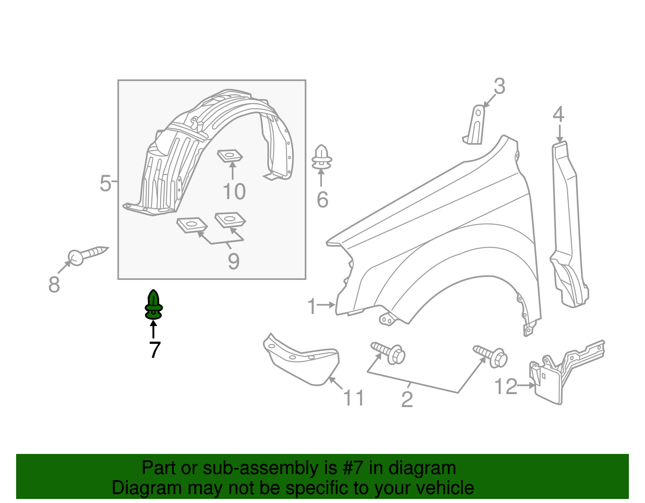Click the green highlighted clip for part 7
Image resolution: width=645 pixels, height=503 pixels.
pyautogui.click(x=154, y=305)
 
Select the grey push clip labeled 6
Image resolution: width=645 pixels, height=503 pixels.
pyautogui.click(x=321, y=157)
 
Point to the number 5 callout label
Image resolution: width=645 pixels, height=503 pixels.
pyautogui.click(x=105, y=183)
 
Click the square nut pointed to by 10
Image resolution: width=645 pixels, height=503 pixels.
pyautogui.click(x=230, y=155)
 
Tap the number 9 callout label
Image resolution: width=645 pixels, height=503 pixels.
pyautogui.click(x=233, y=261)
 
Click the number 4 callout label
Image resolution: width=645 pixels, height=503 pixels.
pyautogui.click(x=558, y=114)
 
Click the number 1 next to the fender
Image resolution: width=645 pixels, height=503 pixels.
pyautogui.click(x=312, y=306)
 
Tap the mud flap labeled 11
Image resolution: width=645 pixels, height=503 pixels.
pyautogui.click(x=301, y=359)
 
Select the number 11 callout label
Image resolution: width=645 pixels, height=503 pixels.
pyautogui.click(x=353, y=398)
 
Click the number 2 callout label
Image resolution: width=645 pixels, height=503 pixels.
pyautogui.click(x=407, y=400)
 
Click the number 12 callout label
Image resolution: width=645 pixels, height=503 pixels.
pyautogui.click(x=506, y=387)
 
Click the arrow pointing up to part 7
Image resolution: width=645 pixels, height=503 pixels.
pyautogui.click(x=154, y=329)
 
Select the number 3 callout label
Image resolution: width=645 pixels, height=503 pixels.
pyautogui.click(x=499, y=87)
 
